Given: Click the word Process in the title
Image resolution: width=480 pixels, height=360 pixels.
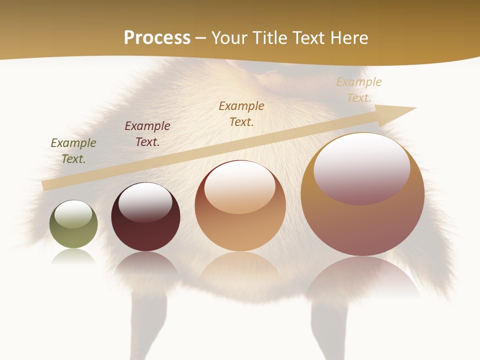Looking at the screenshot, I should pos(157,38).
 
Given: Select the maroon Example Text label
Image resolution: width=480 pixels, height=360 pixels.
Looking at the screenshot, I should pos(147,134).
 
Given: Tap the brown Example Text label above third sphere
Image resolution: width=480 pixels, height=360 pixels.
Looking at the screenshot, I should pos(241,113).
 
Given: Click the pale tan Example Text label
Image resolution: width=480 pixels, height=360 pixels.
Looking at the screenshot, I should pos(358,90).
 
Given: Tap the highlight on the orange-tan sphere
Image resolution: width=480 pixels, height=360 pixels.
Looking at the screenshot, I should pos(240,187).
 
